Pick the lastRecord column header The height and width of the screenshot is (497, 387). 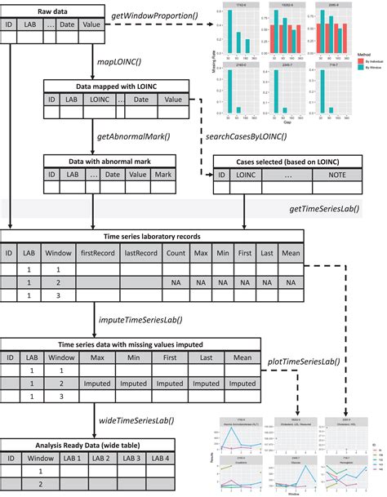tap(141, 253)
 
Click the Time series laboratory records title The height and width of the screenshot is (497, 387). tap(152, 237)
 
